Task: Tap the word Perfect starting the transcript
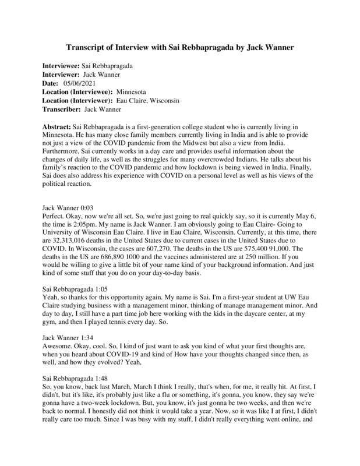[x=54, y=215]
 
